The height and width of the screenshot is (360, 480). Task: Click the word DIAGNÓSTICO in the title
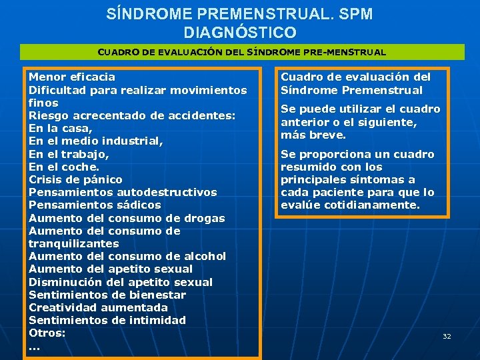pos(240,31)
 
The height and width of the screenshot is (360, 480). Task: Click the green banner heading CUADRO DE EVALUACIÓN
pos(241,52)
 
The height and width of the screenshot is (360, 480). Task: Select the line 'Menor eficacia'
pos(72,77)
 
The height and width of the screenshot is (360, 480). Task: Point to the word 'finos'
pos(43,103)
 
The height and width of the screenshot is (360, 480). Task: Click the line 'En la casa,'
pos(60,128)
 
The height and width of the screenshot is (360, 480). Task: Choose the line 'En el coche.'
pos(64,167)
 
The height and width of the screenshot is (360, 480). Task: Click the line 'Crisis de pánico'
pos(75,179)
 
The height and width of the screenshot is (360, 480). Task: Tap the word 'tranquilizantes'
pos(73,243)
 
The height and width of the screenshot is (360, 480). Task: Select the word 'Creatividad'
pos(63,307)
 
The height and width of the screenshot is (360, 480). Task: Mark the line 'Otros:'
pos(47,333)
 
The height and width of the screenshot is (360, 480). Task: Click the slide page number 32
pos(447,337)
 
